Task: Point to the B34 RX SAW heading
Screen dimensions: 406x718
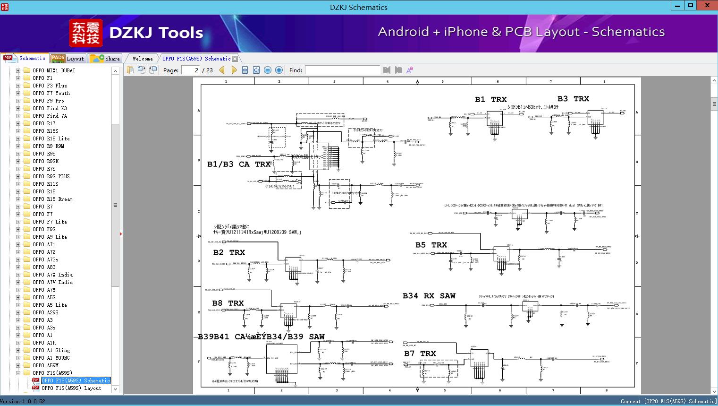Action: (x=429, y=296)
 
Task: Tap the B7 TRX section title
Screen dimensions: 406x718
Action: (x=420, y=354)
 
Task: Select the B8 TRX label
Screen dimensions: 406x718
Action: (x=228, y=303)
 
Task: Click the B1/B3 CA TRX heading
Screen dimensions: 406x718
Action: (x=239, y=164)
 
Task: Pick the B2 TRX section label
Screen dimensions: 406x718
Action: (x=229, y=253)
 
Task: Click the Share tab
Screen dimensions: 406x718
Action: (x=106, y=59)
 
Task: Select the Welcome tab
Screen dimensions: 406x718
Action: (x=143, y=59)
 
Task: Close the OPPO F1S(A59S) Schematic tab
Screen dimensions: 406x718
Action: (x=235, y=59)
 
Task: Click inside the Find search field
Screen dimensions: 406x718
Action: (x=342, y=70)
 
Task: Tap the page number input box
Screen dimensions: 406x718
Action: (x=191, y=70)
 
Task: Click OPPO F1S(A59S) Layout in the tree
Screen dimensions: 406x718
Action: (x=71, y=388)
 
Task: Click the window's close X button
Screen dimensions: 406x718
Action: (x=708, y=5)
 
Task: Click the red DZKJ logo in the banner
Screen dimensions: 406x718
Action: (x=86, y=33)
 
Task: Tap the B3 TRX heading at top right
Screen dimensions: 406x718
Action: (x=573, y=99)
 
